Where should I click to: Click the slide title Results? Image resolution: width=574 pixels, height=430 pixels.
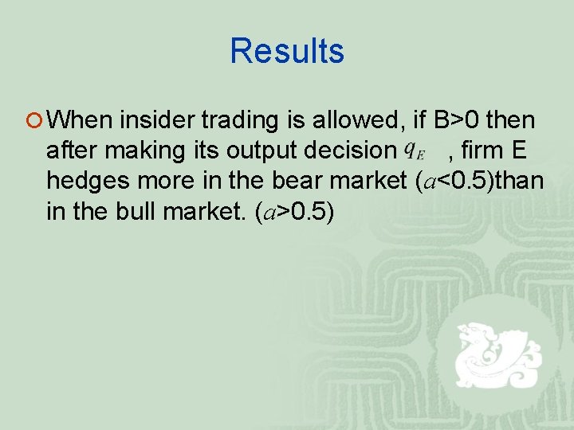(x=287, y=51)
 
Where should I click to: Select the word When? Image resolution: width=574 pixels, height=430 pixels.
(x=83, y=120)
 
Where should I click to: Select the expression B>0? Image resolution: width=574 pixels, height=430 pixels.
(x=457, y=120)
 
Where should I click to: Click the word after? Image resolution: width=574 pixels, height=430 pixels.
(x=72, y=150)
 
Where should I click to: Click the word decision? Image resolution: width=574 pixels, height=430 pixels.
(x=347, y=150)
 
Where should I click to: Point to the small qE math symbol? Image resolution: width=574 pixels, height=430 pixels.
(x=413, y=150)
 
